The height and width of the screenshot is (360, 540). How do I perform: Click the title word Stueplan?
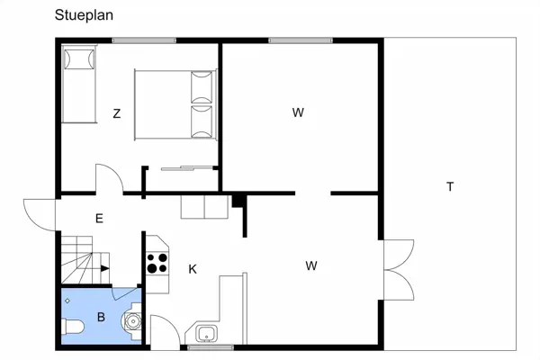click(84, 15)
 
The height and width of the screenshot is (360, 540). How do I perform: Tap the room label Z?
click(117, 113)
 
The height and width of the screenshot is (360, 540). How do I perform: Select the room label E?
click(99, 219)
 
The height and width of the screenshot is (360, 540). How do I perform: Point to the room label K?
click(193, 269)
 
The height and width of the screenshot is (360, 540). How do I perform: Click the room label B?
click(101, 317)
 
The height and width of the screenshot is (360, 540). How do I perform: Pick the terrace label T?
click(450, 186)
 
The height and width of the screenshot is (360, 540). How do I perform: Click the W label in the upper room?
click(298, 112)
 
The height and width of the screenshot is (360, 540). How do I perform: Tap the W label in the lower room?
click(311, 265)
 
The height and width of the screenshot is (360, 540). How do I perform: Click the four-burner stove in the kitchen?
click(157, 263)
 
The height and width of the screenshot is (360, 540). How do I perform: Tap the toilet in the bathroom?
click(73, 327)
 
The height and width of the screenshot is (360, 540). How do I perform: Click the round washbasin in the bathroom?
click(132, 321)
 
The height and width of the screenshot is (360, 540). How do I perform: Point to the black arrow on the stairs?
click(104, 268)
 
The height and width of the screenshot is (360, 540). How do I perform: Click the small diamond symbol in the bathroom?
click(67, 301)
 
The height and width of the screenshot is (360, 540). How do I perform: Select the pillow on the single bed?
click(79, 59)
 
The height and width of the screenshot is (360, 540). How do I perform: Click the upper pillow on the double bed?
click(202, 87)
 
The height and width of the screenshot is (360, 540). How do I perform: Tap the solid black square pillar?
click(237, 202)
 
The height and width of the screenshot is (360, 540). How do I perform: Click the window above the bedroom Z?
click(144, 40)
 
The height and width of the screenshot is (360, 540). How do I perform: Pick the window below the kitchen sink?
click(211, 347)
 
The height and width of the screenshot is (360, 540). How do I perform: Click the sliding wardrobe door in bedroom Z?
click(187, 168)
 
